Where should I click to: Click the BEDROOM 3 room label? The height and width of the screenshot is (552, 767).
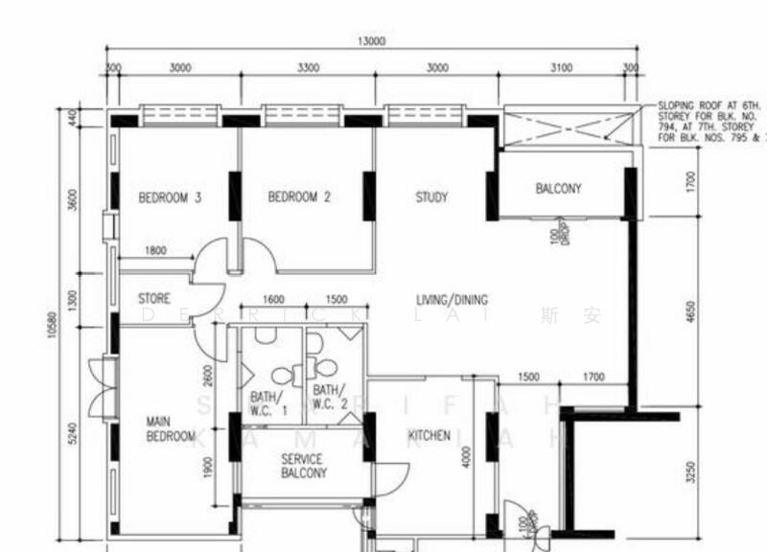(x=170, y=198)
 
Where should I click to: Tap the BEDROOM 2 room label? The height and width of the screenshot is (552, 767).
(x=299, y=198)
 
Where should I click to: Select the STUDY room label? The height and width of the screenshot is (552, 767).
(x=431, y=198)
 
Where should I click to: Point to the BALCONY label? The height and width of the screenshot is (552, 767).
(x=558, y=189)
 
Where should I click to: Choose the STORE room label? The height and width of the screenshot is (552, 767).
(x=154, y=299)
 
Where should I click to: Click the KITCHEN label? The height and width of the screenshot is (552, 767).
(x=429, y=435)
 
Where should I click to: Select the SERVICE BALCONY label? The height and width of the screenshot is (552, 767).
(x=304, y=466)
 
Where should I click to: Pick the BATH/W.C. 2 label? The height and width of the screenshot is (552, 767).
(x=327, y=397)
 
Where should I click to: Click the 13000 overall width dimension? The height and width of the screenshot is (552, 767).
(x=372, y=41)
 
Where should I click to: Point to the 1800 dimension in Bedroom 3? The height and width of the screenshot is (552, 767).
(x=156, y=251)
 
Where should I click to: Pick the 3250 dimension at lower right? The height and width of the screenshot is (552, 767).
(x=691, y=472)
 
